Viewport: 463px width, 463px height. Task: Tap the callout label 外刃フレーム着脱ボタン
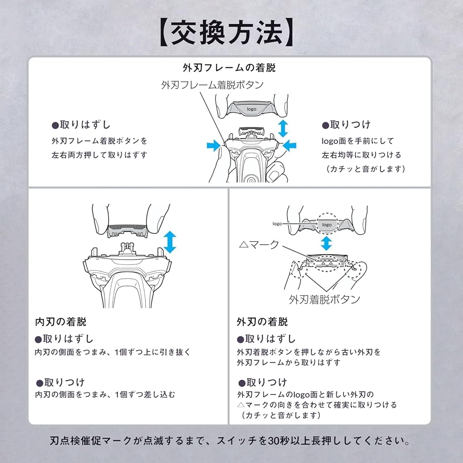pyautogui.click(x=212, y=84)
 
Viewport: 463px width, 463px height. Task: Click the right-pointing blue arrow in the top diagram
pyautogui.click(x=213, y=145)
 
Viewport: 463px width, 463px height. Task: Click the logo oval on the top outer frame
pyautogui.click(x=252, y=109)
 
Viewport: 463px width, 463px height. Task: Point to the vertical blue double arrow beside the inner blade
pyautogui.click(x=169, y=242)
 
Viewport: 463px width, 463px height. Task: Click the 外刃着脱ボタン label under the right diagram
pyautogui.click(x=324, y=299)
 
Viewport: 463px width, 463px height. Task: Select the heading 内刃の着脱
pyautogui.click(x=61, y=322)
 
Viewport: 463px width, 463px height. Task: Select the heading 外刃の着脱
pyautogui.click(x=262, y=322)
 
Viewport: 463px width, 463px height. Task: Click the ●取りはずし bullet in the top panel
pyautogui.click(x=81, y=125)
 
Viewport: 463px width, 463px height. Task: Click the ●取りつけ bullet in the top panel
pyautogui.click(x=346, y=125)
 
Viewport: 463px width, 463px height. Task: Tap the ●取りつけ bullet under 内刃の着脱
pyautogui.click(x=60, y=382)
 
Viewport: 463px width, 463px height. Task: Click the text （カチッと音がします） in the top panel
pyautogui.click(x=365, y=168)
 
